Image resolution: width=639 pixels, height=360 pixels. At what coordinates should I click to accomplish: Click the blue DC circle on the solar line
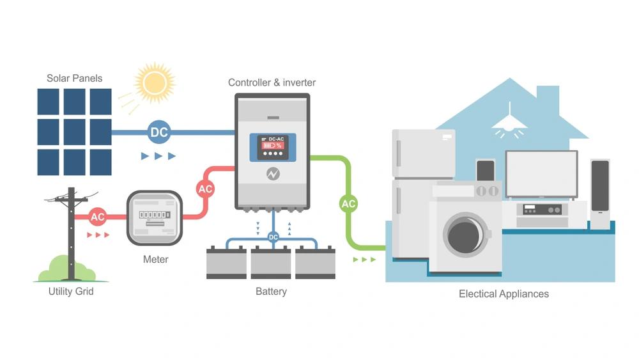[x=159, y=132]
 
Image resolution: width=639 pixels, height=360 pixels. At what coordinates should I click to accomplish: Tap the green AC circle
[x=348, y=204]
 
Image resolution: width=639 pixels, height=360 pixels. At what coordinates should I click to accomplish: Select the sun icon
[x=154, y=82]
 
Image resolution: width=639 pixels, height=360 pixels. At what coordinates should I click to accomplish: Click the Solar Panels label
[x=74, y=79]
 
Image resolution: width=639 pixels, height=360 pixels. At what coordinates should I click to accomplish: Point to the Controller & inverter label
[x=272, y=82]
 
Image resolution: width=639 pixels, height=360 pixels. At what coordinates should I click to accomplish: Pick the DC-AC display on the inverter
[x=273, y=146]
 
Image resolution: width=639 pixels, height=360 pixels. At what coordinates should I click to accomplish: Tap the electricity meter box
[x=155, y=218]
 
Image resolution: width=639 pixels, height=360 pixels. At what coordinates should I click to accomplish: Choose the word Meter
[x=156, y=260]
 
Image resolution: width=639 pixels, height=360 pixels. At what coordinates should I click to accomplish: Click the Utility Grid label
[x=71, y=292]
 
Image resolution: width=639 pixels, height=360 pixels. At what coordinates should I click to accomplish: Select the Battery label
[x=271, y=292]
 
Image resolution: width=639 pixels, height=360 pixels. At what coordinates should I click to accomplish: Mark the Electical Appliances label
[x=504, y=294]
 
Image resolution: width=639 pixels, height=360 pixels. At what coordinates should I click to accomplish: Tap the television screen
[x=541, y=174]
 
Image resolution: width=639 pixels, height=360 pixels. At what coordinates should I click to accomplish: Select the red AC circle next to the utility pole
[x=97, y=217]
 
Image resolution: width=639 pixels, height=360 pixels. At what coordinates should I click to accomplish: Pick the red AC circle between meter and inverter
[x=205, y=189]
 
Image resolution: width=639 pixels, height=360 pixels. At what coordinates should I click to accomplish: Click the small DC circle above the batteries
[x=273, y=237]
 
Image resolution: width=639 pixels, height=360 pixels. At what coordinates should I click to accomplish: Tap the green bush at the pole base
[x=61, y=269]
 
